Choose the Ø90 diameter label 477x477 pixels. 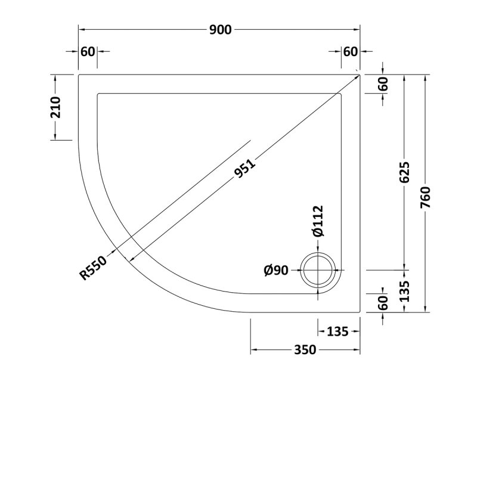click(276, 271)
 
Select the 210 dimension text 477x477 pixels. click(55, 107)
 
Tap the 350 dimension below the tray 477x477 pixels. click(304, 350)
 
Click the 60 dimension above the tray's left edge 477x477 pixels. click(88, 51)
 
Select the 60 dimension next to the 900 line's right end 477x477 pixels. click(350, 51)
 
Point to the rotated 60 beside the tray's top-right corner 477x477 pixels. click(383, 84)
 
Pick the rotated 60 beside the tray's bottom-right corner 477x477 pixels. click(383, 303)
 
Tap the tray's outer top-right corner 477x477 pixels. click(360, 74)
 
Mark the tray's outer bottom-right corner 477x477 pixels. click(360, 312)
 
